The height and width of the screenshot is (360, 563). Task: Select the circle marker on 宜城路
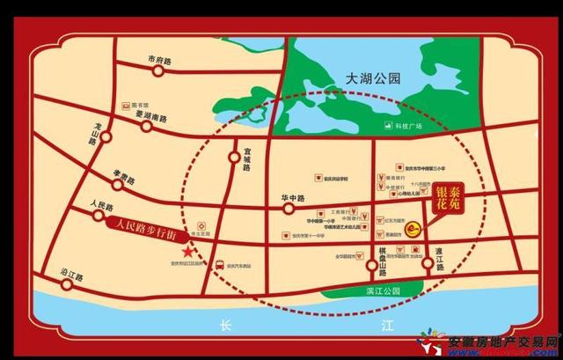coord(234,158)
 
